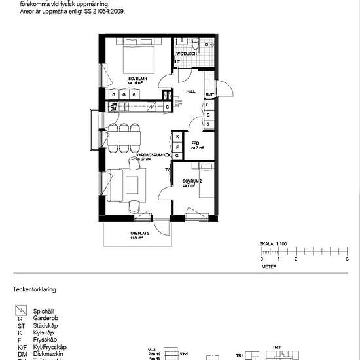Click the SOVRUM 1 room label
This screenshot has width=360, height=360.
(x=138, y=80)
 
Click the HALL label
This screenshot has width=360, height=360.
(x=191, y=92)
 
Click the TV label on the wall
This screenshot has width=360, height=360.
(x=168, y=169)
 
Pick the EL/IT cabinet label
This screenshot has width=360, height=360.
(x=209, y=94)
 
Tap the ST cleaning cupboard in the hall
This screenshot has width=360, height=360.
(x=209, y=105)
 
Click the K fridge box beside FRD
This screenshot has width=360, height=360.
(x=177, y=137)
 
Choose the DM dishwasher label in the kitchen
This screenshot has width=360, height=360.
(x=113, y=110)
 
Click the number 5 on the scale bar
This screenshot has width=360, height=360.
(x=347, y=259)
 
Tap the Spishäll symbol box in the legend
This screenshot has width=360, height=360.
(x=20, y=310)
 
